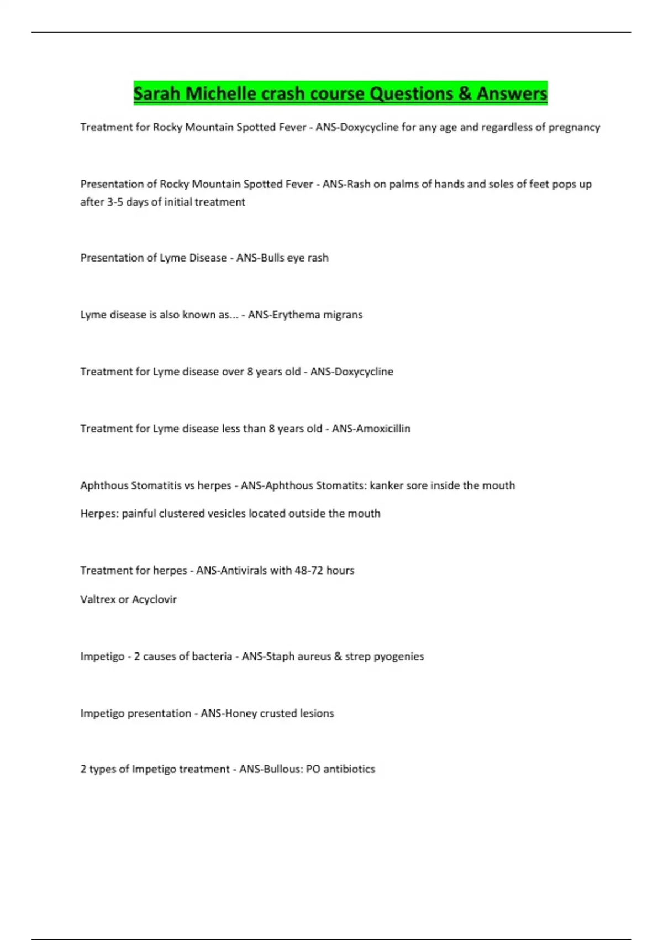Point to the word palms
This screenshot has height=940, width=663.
pyautogui.click(x=403, y=184)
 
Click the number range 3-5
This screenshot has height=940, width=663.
pyautogui.click(x=115, y=202)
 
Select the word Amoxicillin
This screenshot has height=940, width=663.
pyautogui.click(x=380, y=429)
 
